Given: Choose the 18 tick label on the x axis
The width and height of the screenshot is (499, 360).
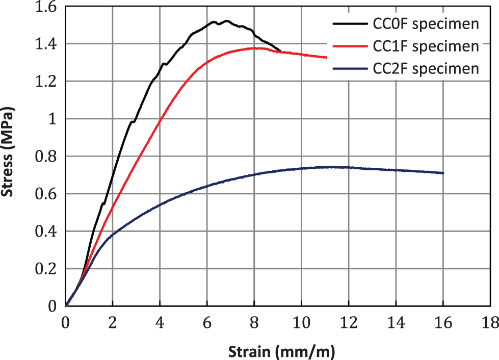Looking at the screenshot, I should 490,322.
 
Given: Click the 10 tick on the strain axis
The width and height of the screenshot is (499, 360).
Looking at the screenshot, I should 301,322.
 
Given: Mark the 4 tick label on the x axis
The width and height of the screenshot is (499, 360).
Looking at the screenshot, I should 160,322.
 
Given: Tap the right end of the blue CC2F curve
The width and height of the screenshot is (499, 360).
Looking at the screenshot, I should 443,173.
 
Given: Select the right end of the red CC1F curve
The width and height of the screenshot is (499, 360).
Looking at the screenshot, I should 327,57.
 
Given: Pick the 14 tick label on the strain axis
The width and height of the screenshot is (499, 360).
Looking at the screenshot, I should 396,322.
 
